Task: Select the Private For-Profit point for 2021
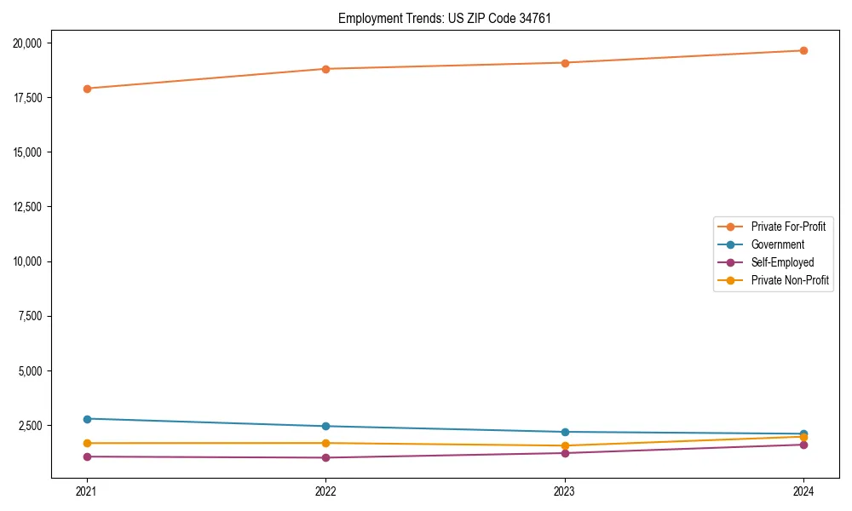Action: (86, 89)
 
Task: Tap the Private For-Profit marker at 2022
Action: (325, 69)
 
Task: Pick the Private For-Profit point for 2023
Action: (565, 63)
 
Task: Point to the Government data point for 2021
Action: (86, 419)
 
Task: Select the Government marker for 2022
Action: (325, 426)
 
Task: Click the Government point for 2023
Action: (565, 432)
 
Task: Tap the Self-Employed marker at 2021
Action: (86, 456)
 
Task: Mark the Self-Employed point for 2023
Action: (565, 452)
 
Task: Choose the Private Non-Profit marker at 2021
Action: (86, 443)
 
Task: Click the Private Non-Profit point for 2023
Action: (565, 445)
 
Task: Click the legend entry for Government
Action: (777, 244)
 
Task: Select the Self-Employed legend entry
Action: (782, 262)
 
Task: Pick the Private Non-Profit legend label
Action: (790, 280)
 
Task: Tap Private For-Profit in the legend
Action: (788, 227)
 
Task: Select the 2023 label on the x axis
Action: (565, 491)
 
